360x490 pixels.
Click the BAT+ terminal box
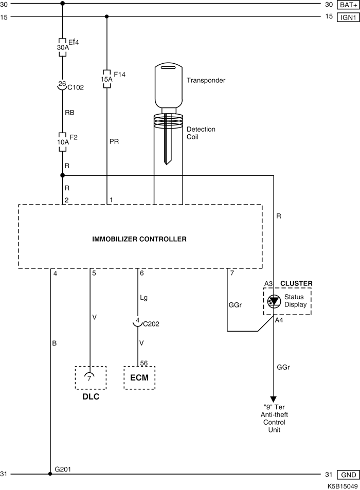tap(348, 5)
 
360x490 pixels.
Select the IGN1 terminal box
tap(348, 17)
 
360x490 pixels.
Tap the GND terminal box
tap(348, 475)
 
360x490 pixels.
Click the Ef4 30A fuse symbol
tap(63, 47)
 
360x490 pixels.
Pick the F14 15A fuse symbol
tap(106, 79)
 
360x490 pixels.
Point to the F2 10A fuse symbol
tap(63, 142)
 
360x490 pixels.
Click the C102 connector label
tap(76, 87)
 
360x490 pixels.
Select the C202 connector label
tap(151, 324)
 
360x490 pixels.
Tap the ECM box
tap(139, 378)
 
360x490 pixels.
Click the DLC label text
tap(91, 396)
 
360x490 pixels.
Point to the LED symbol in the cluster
tap(274, 301)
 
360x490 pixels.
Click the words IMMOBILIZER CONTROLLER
tap(139, 239)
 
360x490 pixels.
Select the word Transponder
tap(206, 80)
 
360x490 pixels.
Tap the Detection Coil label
tap(201, 133)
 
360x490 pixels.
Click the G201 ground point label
tap(63, 469)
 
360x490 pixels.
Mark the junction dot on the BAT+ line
tap(63, 4)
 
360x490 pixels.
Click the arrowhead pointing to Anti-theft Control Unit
tap(274, 400)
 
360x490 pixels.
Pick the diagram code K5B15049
tap(343, 486)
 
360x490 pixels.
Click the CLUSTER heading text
tap(296, 283)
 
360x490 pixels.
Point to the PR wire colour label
tap(114, 141)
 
